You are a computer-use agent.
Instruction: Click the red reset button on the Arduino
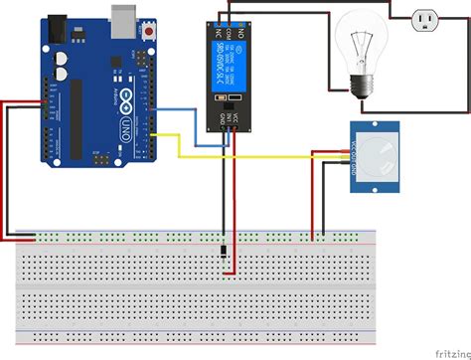pyautogui.click(x=149, y=32)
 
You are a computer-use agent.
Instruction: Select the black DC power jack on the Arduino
pyautogui.click(x=60, y=29)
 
